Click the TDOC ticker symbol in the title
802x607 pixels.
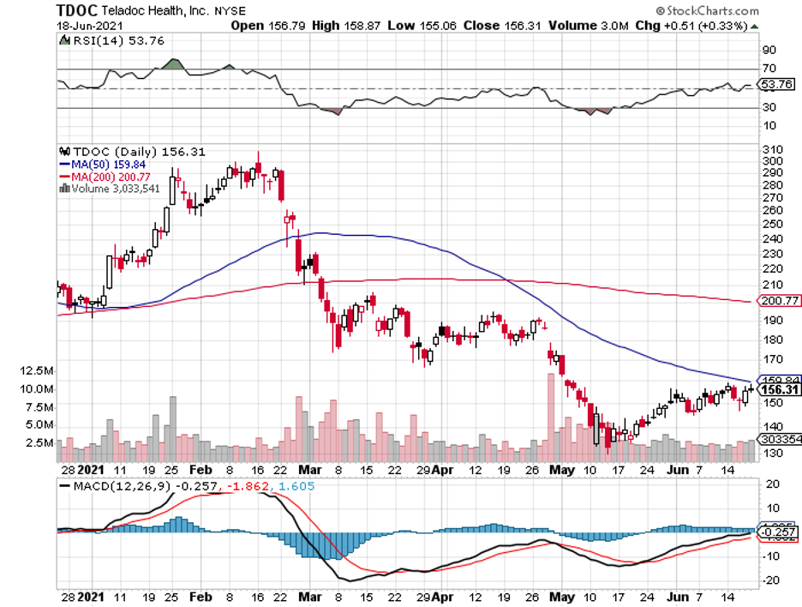coord(75,11)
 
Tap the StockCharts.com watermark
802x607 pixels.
coord(707,11)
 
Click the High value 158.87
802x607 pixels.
coord(343,26)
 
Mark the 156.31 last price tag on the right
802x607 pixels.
coord(776,390)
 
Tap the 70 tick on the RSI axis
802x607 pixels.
coord(769,68)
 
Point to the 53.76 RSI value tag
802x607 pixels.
coord(776,84)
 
